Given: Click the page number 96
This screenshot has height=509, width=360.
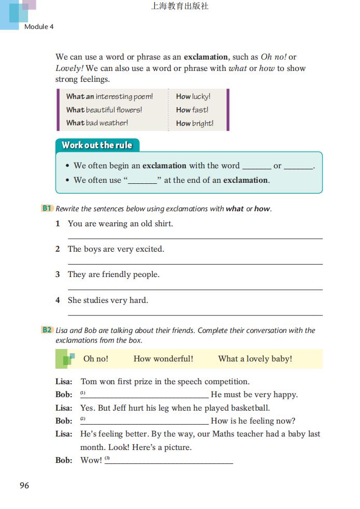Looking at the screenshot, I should pyautogui.click(x=24, y=485).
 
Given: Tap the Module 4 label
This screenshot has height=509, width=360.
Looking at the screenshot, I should pyautogui.click(x=39, y=26).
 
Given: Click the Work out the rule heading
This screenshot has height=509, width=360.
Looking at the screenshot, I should pyautogui.click(x=97, y=145).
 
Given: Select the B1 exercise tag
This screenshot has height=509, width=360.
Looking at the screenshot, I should pyautogui.click(x=47, y=208).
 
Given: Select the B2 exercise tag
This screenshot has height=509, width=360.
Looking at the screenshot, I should pyautogui.click(x=47, y=330).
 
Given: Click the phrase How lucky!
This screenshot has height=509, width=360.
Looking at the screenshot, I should pyautogui.click(x=193, y=96).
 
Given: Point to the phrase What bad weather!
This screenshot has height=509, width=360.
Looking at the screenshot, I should pyautogui.click(x=97, y=123).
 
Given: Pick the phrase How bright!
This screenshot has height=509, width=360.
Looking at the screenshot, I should pyautogui.click(x=195, y=123).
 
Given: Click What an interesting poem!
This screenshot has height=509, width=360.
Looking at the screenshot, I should pyautogui.click(x=109, y=96).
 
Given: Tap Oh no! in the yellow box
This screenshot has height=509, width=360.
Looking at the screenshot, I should pyautogui.click(x=96, y=358).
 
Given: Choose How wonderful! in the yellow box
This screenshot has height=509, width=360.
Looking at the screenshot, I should pyautogui.click(x=163, y=358).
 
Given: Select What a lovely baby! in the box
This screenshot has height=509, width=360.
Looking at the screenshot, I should pyautogui.click(x=255, y=358).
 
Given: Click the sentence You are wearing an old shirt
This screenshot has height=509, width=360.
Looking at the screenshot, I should pyautogui.click(x=120, y=224).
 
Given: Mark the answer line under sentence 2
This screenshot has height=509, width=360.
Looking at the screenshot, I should pyautogui.click(x=195, y=264).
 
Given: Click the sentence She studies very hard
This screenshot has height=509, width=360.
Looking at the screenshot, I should pyautogui.click(x=108, y=300).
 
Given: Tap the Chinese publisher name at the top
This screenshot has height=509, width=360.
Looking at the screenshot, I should pyautogui.click(x=180, y=7).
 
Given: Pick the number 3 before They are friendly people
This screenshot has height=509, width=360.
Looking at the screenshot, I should pyautogui.click(x=57, y=274).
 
